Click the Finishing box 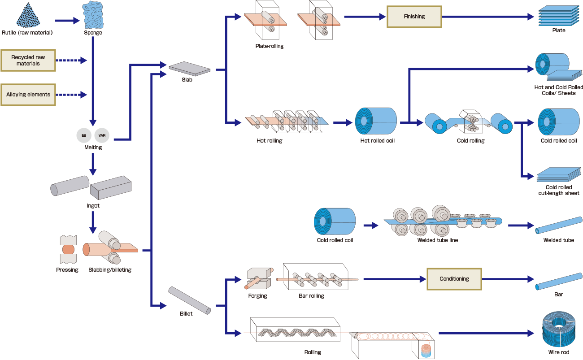click(x=414, y=17)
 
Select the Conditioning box click(x=454, y=279)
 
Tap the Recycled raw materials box click(x=28, y=61)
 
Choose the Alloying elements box click(x=28, y=95)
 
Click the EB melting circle click(x=84, y=135)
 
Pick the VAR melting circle click(x=102, y=135)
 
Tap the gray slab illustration click(x=190, y=68)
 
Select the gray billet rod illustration click(x=189, y=300)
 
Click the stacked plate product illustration click(x=558, y=16)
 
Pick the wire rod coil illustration click(x=558, y=330)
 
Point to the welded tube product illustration click(x=558, y=226)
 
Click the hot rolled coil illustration click(x=377, y=121)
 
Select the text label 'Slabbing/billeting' click(x=110, y=270)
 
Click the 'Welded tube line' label click(x=437, y=240)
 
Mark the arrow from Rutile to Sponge click(x=67, y=21)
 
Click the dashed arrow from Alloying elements click(x=72, y=95)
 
